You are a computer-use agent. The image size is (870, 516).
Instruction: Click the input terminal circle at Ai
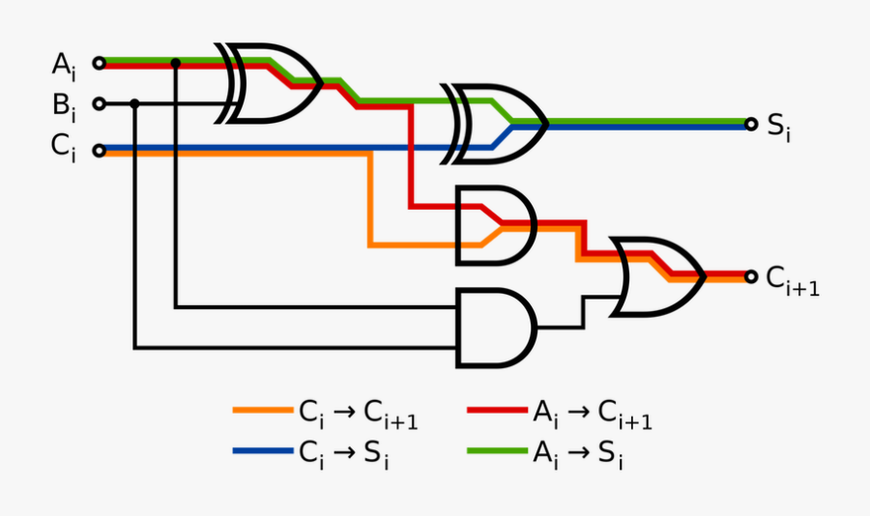[x=99, y=64]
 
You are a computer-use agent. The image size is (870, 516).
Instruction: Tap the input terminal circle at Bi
[x=99, y=102]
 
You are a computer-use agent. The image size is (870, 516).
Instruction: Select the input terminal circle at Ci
[x=99, y=150]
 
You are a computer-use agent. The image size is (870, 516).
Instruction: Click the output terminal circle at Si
[x=751, y=124]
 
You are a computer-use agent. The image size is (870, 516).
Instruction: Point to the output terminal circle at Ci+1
[x=751, y=276]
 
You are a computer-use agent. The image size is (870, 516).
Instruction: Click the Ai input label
[x=63, y=66]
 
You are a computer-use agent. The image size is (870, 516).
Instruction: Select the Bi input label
[x=63, y=104]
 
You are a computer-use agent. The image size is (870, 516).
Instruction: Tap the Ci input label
[x=63, y=148]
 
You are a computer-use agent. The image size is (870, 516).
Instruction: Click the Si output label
[x=779, y=127]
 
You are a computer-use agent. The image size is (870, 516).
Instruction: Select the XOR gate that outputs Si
[x=498, y=124]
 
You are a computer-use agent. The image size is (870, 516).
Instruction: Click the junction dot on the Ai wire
[x=175, y=64]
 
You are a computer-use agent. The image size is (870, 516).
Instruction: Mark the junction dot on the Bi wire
[x=134, y=102]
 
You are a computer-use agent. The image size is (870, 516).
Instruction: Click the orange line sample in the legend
[x=262, y=411]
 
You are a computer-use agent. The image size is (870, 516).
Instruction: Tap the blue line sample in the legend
[x=262, y=450]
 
